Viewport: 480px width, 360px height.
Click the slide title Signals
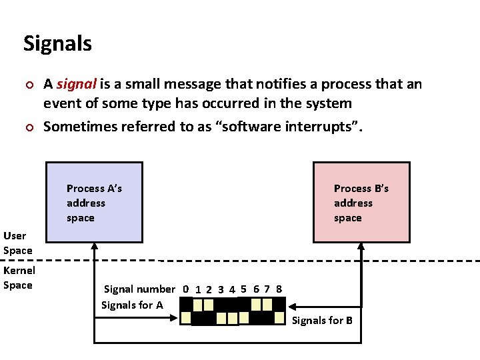click(57, 43)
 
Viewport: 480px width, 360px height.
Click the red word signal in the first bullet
click(77, 85)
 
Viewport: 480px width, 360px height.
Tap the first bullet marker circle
click(27, 85)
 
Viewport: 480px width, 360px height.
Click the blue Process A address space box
click(94, 201)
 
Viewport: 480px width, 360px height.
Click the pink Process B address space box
click(361, 201)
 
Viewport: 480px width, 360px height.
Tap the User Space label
click(17, 243)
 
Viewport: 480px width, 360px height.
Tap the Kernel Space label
click(19, 277)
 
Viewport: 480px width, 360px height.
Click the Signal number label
click(139, 289)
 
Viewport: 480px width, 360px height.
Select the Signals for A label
click(132, 305)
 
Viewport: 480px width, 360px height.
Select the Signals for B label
click(322, 321)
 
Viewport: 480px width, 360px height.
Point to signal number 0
click(186, 289)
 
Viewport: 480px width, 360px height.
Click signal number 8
click(279, 289)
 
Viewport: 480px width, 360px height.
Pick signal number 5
click(244, 289)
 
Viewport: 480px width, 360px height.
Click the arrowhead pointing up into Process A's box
click(95, 247)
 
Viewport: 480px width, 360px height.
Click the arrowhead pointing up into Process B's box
click(361, 247)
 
